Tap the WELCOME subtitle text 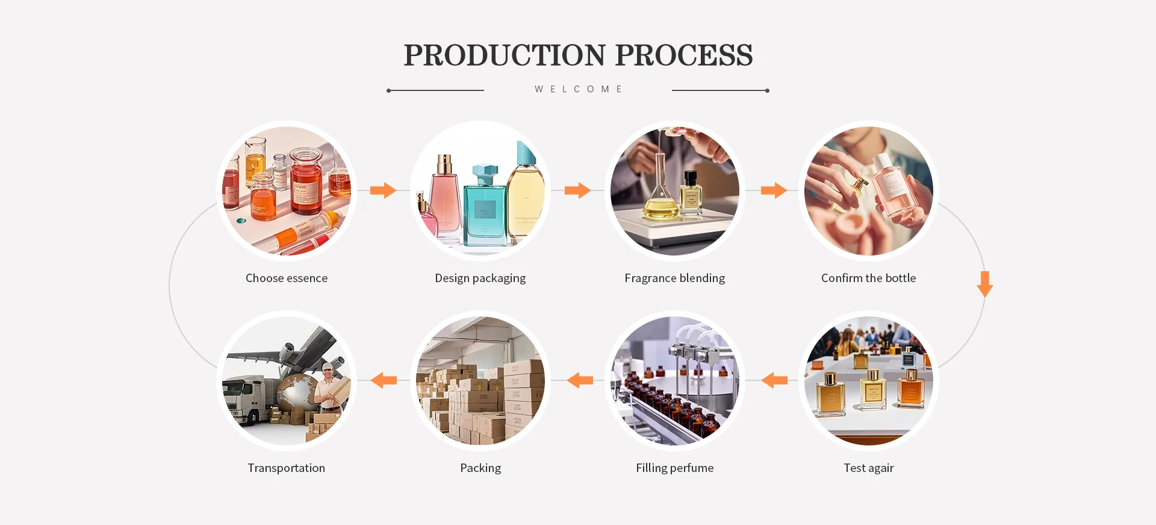pos(578,89)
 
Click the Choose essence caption pos(287,278)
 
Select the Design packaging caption pos(480,278)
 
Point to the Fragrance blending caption pos(674,278)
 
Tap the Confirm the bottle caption pos(868,278)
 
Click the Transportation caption pos(287,468)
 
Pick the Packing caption pos(480,468)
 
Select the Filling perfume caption pos(674,468)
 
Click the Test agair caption pos(868,468)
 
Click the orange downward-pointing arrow pos(985,284)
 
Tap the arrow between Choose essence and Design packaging pos(383,190)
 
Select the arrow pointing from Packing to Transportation pos(384,380)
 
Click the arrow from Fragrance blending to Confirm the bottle pos(774,190)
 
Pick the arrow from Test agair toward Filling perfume pos(774,380)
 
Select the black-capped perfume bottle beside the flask pos(691,193)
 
